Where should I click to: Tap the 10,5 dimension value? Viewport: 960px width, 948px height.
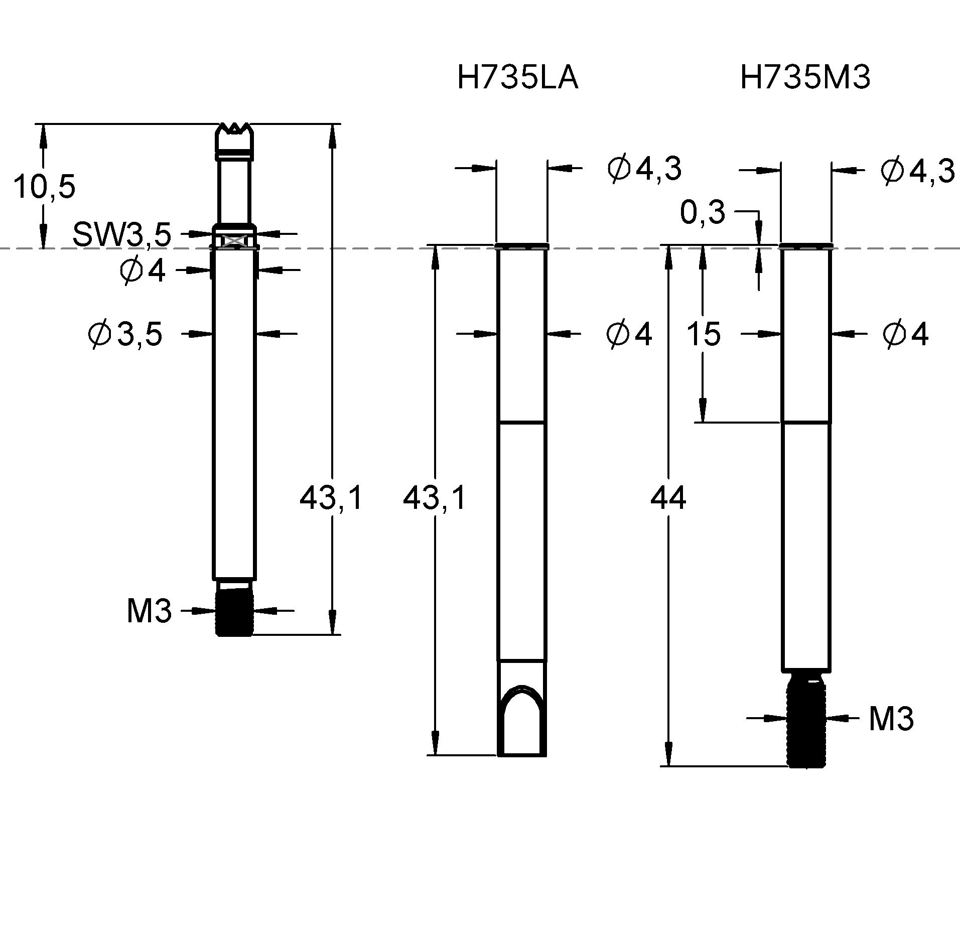[x=44, y=187]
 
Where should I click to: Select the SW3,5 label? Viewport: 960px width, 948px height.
[x=122, y=234]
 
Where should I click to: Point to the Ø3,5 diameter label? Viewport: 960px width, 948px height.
[x=125, y=334]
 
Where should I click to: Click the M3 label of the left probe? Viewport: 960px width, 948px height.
[x=149, y=611]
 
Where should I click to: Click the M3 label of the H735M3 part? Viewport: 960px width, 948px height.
[x=891, y=719]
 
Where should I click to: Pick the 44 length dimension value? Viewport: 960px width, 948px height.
[x=668, y=499]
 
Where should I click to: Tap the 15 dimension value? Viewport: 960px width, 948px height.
[x=703, y=334]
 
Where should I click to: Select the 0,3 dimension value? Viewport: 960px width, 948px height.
[x=702, y=213]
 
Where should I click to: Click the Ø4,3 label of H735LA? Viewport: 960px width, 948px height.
[x=644, y=169]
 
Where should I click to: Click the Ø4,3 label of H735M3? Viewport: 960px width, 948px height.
[x=917, y=172]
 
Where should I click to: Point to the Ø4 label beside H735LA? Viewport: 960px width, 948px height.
[x=629, y=334]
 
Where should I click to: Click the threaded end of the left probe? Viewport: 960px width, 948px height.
[x=234, y=613]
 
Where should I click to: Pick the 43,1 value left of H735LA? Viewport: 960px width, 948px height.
[x=435, y=499]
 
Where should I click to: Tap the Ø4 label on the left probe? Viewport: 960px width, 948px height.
[x=143, y=271]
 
